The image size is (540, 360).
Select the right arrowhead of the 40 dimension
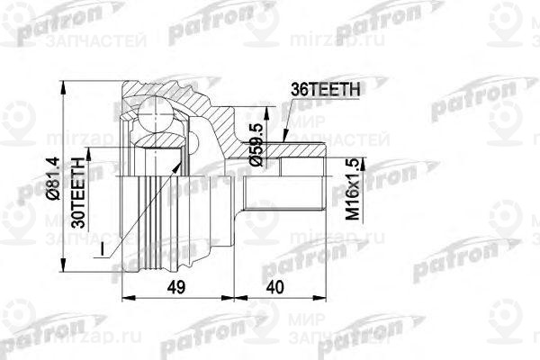[320, 294]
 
